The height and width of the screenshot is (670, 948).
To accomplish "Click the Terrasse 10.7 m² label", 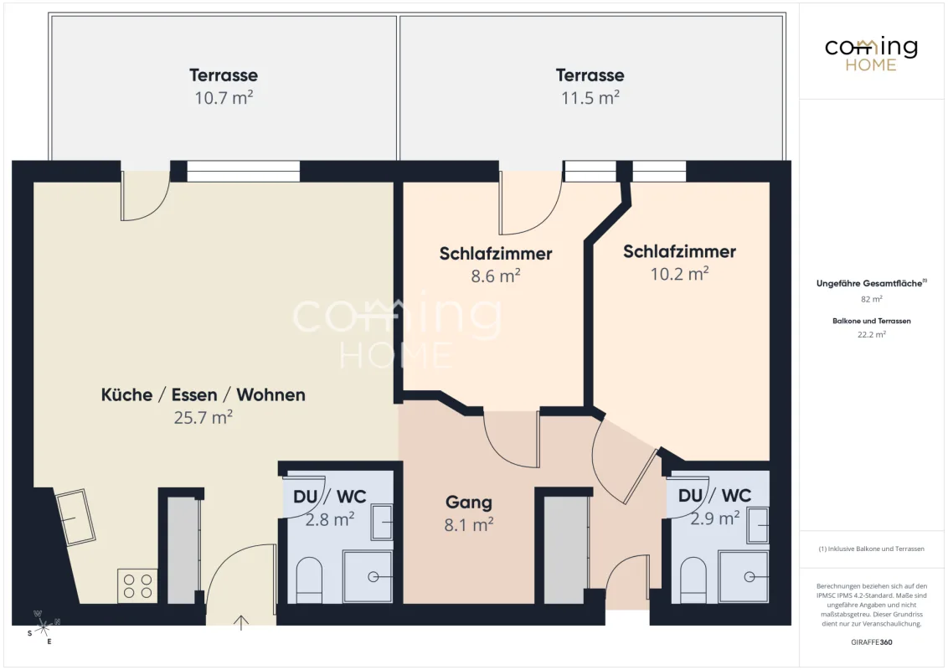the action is pos(224,86).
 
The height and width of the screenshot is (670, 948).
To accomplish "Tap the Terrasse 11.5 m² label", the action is pos(590,86).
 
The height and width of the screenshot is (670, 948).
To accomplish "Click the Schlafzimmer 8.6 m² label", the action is pos(496,265).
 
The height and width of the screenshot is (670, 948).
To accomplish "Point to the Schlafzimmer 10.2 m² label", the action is pos(679,262).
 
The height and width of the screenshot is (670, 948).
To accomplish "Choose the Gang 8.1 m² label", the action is pos(469,513).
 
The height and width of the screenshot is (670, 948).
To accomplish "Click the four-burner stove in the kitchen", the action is pos(137,586).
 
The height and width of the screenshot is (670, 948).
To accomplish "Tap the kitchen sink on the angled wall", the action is pos(75,517).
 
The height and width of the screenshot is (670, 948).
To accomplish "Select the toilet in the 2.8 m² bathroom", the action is pos(309,580).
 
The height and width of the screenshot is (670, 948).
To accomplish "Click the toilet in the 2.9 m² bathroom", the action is pos(693,580).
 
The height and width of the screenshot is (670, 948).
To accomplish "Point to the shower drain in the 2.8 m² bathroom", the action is pos(374,577).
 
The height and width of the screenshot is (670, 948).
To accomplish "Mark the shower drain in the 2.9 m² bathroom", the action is pos(750,577).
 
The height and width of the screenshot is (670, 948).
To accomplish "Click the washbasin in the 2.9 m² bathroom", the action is pos(758,524).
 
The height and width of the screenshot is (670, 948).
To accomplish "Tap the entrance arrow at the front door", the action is pos(241,622).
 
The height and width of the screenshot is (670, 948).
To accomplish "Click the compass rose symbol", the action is pos(43,627).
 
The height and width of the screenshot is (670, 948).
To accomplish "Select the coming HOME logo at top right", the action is pos(871,54).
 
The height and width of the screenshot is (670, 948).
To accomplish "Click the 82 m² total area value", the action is pos(871,299).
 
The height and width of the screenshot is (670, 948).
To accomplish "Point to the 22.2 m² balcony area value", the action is pos(871,334).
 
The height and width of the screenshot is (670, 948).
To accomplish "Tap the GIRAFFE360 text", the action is pos(871,642).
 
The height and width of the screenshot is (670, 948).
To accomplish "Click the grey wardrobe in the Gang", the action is pos(566,549).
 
